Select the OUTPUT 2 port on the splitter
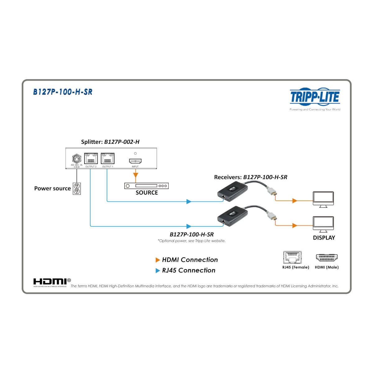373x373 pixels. pyautogui.click(x=91, y=159)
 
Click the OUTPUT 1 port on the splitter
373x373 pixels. pyautogui.click(x=108, y=159)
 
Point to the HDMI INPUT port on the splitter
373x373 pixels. pyautogui.click(x=135, y=161)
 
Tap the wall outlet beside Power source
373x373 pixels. pyautogui.click(x=77, y=188)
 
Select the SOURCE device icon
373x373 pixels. pyautogui.click(x=146, y=186)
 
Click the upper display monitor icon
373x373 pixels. pyautogui.click(x=323, y=199)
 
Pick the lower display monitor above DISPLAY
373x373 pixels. pyautogui.click(x=323, y=224)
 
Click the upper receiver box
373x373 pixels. pyautogui.click(x=232, y=190)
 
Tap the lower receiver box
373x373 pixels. pyautogui.click(x=232, y=215)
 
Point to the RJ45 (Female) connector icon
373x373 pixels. pyautogui.click(x=292, y=257)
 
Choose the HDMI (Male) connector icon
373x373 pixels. pyautogui.click(x=327, y=258)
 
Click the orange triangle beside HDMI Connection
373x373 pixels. pyautogui.click(x=158, y=260)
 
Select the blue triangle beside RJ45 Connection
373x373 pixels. pyautogui.click(x=158, y=270)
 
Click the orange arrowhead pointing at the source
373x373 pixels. pyautogui.click(x=135, y=176)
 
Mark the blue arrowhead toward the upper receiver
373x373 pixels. pyautogui.click(x=189, y=201)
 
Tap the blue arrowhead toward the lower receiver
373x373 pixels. pyautogui.click(x=189, y=226)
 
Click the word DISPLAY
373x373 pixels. pyautogui.click(x=324, y=238)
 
